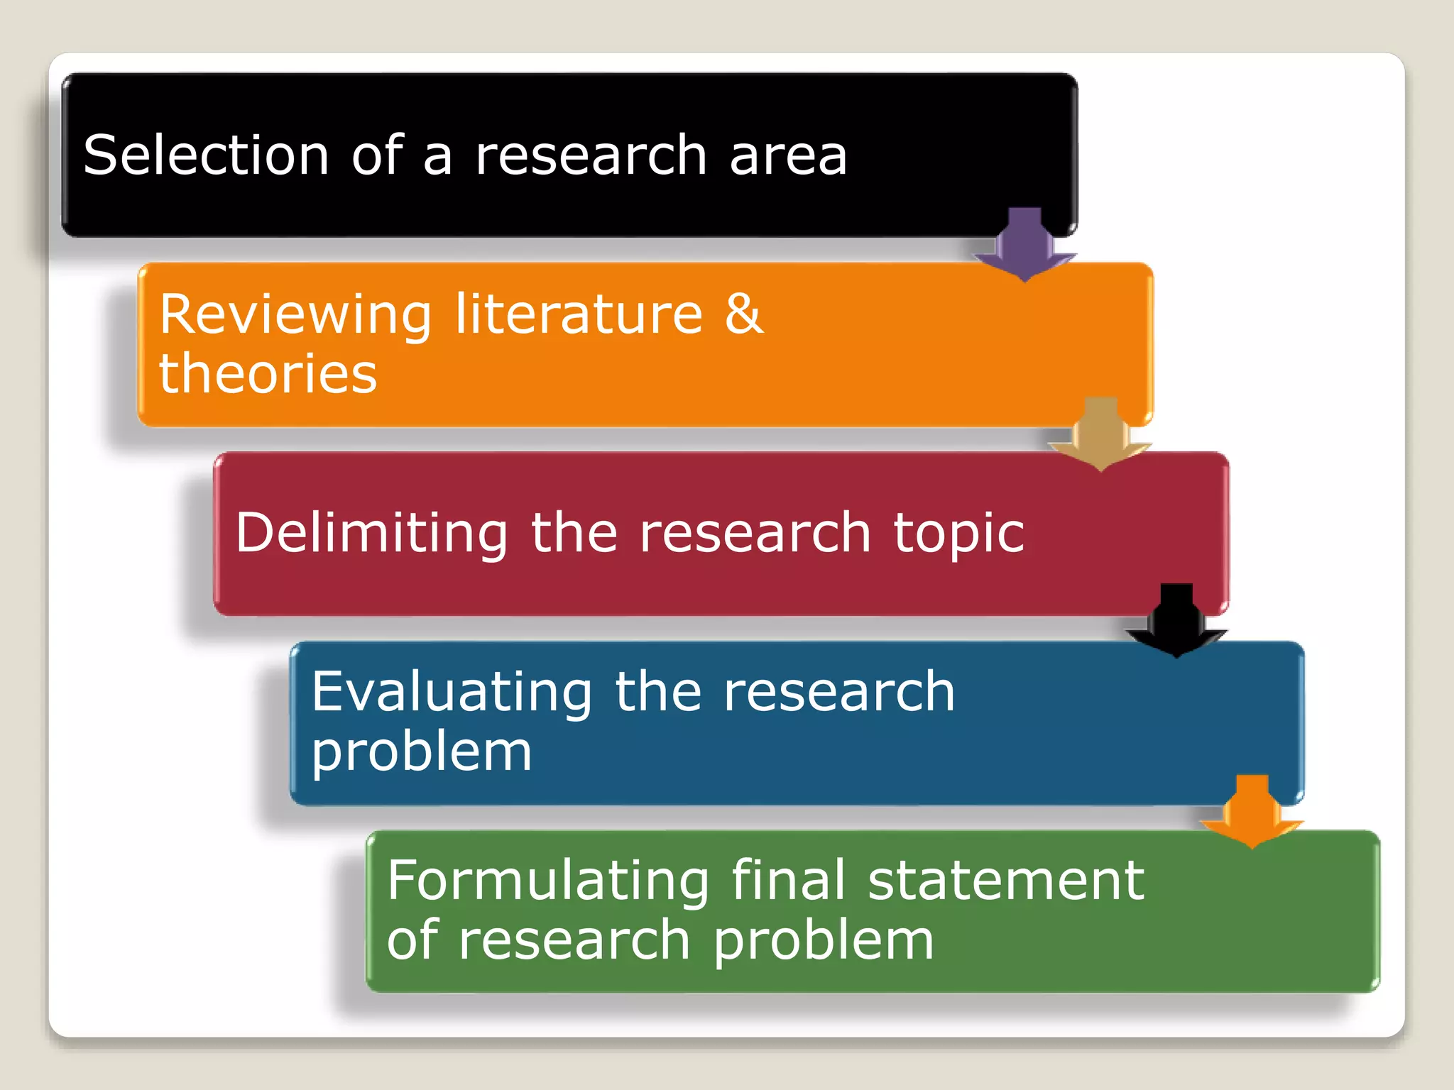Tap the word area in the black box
788,156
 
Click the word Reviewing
295,315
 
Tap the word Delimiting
371,534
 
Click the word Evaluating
452,693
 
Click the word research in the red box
755,534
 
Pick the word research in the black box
591,156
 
